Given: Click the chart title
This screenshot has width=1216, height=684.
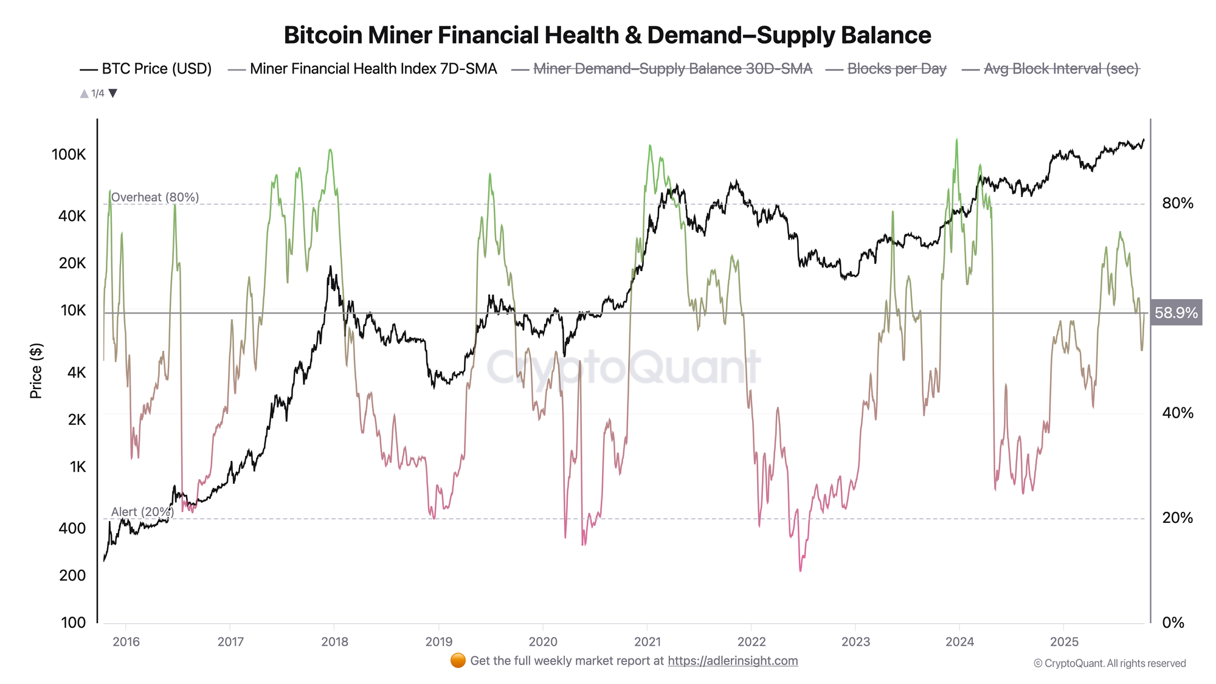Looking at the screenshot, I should (607, 35).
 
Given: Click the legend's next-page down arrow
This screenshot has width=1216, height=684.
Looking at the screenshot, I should (112, 94).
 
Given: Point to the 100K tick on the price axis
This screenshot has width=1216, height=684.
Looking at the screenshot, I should (69, 154).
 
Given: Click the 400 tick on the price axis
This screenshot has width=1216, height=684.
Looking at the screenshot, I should (72, 528).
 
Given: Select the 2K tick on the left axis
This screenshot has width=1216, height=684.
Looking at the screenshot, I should (77, 420).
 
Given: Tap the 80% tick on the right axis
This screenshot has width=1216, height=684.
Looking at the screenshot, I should (1177, 203).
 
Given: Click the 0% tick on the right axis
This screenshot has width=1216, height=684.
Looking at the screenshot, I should (1173, 623).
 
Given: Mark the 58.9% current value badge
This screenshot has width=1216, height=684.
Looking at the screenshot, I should (1176, 313).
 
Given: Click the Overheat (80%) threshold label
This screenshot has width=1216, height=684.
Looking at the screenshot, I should (155, 197).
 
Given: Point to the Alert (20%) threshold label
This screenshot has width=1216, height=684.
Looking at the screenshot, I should (142, 512).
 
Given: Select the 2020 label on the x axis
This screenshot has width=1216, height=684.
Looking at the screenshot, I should (542, 641).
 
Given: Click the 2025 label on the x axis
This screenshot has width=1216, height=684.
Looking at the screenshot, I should (1064, 641).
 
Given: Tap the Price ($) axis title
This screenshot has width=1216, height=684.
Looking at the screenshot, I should (36, 371).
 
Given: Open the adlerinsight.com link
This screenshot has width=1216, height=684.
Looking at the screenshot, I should (733, 661).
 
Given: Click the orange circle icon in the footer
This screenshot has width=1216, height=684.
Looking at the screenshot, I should (458, 661).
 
